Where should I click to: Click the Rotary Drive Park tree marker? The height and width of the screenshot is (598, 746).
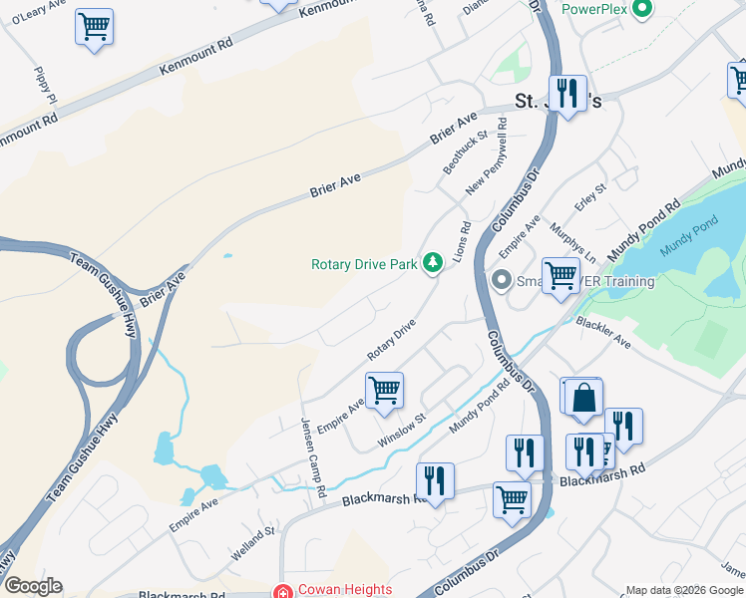tap(432, 263)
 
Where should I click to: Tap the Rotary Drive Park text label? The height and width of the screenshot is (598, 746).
tap(364, 264)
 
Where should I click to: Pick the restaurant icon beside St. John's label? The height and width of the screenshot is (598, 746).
tap(567, 94)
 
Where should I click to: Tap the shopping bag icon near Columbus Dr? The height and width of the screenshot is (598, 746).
tap(583, 396)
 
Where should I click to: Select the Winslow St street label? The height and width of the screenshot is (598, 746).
tap(402, 431)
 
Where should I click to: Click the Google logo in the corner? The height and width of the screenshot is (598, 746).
tap(33, 586)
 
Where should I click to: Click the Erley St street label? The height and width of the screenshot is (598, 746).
tap(590, 196)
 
